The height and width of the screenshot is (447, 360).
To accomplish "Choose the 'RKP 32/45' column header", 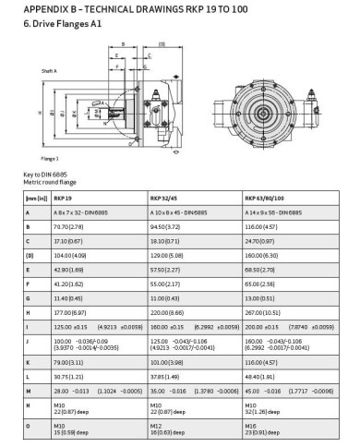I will click(166, 198).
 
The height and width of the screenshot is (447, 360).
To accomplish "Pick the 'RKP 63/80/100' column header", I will click(268, 198).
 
